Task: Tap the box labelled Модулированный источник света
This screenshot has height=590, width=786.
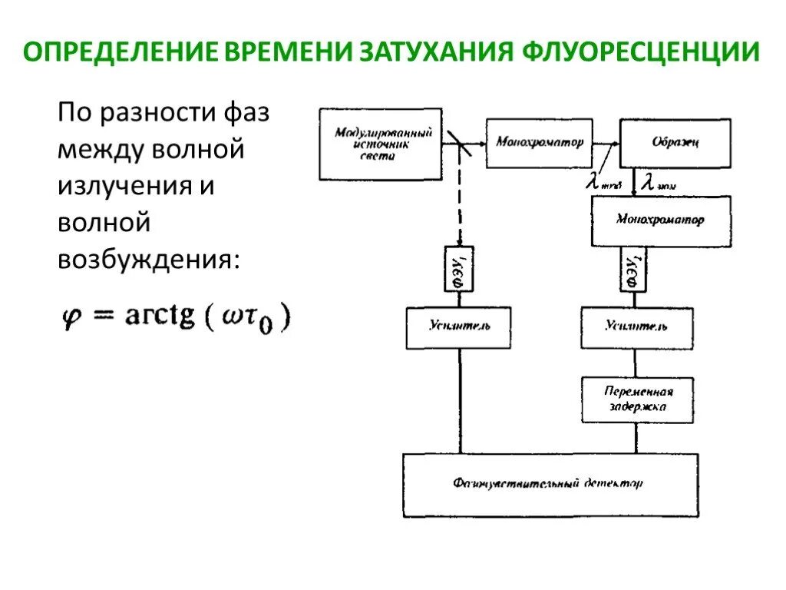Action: (381, 144)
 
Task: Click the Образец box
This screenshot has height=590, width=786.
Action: (675, 143)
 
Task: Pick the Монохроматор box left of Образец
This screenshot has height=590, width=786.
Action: (540, 142)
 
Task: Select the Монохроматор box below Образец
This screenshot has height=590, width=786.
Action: (660, 220)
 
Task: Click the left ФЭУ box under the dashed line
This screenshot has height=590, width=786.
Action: (460, 268)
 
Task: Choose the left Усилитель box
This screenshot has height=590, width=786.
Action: (459, 327)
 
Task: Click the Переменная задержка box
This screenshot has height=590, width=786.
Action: (637, 399)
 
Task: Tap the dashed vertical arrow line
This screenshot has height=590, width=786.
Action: (459, 200)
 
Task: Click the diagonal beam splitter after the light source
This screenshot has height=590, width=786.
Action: (458, 142)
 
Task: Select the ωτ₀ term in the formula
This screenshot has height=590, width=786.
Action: (249, 318)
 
